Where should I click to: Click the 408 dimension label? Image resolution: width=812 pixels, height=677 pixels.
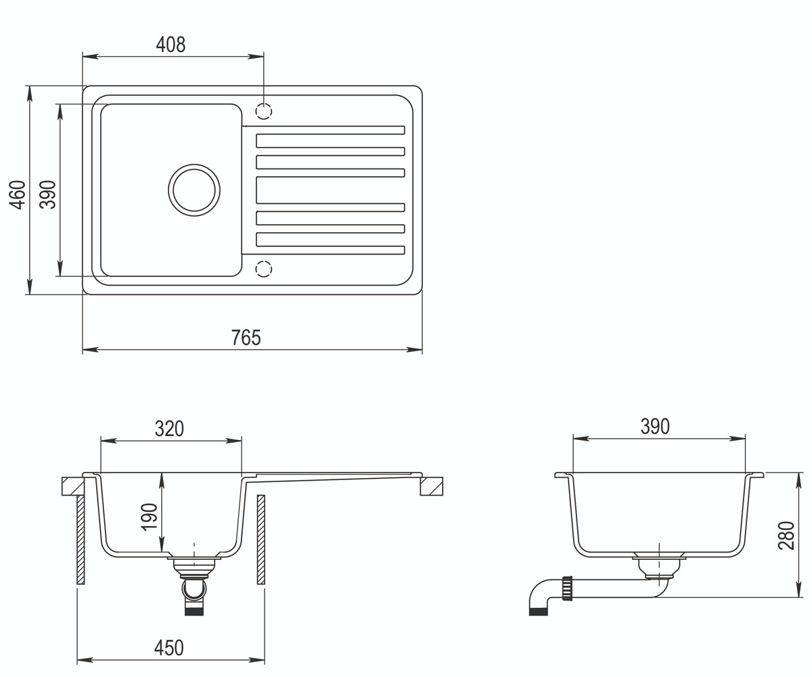[171, 45]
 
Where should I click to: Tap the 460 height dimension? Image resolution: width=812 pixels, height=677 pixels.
[18, 194]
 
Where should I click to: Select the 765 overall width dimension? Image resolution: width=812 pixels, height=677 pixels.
[246, 337]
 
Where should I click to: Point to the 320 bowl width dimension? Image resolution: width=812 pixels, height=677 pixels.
[169, 429]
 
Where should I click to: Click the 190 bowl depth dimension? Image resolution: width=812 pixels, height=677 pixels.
[149, 517]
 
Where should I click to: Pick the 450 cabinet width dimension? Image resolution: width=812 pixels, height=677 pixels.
[168, 648]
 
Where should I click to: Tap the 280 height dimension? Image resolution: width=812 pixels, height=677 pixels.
[786, 536]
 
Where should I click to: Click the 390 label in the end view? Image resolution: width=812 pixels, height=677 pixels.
[655, 427]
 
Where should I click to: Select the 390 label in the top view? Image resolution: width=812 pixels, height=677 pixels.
[48, 194]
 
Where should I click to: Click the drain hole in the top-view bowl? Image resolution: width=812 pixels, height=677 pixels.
[194, 190]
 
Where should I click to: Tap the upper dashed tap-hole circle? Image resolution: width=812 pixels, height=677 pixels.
[264, 111]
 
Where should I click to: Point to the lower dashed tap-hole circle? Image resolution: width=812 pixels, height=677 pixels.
[264, 269]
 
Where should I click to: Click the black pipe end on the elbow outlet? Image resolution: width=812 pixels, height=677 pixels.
[539, 611]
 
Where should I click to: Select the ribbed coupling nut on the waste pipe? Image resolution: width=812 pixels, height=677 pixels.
[568, 588]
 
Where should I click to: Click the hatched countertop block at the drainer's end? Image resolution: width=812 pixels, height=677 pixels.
[431, 486]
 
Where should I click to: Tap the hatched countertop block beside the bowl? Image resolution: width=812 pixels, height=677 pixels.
[73, 486]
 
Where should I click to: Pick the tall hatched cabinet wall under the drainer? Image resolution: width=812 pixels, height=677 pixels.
[261, 540]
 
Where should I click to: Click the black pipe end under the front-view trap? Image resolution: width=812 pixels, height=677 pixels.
[194, 611]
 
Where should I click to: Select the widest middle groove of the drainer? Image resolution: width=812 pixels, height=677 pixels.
[330, 190]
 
